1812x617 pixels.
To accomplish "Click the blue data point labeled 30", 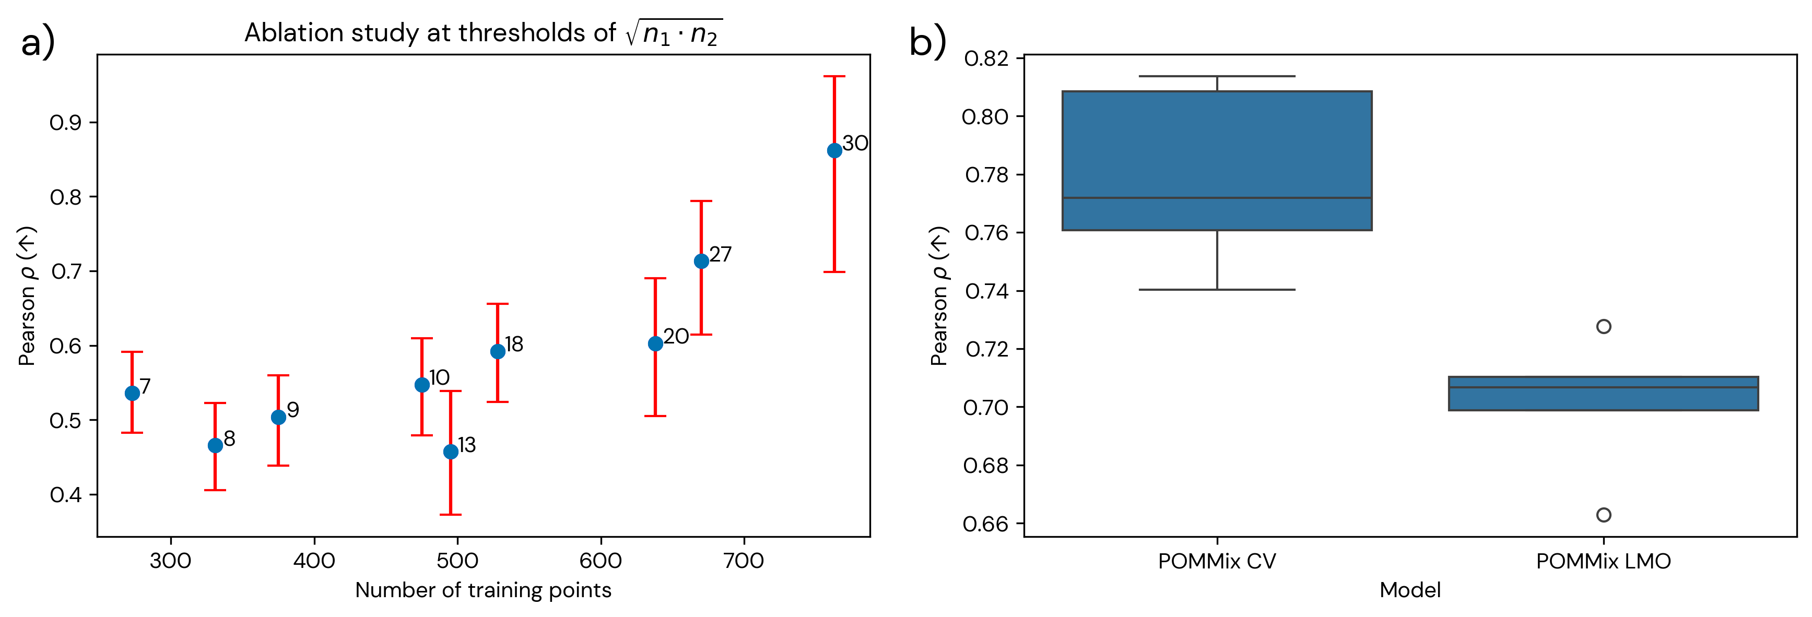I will (834, 150).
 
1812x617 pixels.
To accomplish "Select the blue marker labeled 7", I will (132, 393).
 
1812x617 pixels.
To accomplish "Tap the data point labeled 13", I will (451, 452).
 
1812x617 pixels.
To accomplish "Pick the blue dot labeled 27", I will (701, 261).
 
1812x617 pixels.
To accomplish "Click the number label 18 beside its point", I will (514, 344).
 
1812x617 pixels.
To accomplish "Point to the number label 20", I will (676, 336).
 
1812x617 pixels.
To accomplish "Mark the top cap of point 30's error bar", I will (834, 76).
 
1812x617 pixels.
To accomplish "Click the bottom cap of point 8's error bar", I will (215, 490).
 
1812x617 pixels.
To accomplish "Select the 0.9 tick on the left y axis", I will (65, 123).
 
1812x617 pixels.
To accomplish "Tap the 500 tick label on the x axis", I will (457, 561).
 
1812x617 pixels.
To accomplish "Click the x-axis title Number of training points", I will (483, 590).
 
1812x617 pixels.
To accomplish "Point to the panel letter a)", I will (37, 44).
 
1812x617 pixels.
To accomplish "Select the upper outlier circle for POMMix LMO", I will (1604, 326).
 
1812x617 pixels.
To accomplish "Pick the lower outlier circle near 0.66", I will (1604, 515).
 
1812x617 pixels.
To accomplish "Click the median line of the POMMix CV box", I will (1217, 198).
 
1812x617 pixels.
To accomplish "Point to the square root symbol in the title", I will (631, 33).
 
